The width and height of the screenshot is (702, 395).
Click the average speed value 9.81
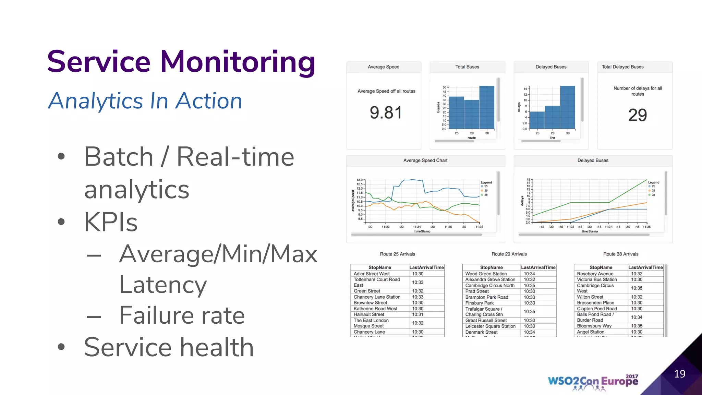coord(386,113)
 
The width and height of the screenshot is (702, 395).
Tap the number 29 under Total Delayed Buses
coord(637,115)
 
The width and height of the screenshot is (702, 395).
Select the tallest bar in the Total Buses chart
coord(487,107)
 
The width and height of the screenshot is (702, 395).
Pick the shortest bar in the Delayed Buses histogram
coord(537,120)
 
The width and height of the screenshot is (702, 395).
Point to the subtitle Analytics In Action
coord(145,101)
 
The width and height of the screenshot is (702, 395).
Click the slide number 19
coord(679,374)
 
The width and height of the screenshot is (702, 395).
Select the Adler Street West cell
coord(372,274)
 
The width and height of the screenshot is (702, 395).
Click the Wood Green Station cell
coord(486,274)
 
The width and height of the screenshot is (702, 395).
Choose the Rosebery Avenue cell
coord(595,274)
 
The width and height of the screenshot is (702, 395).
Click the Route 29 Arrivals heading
coord(509,254)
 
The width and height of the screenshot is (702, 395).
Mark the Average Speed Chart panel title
coord(425,160)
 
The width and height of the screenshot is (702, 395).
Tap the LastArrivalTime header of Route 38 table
coord(645,267)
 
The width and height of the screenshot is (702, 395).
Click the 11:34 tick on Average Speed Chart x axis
coord(417,227)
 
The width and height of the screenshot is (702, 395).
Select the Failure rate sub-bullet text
coord(182,315)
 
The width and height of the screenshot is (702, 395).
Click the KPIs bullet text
coord(111,222)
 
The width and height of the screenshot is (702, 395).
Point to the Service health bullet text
coord(169,347)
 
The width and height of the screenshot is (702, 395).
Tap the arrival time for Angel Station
coord(637,332)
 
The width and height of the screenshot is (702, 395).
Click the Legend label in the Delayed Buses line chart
coord(653,182)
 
